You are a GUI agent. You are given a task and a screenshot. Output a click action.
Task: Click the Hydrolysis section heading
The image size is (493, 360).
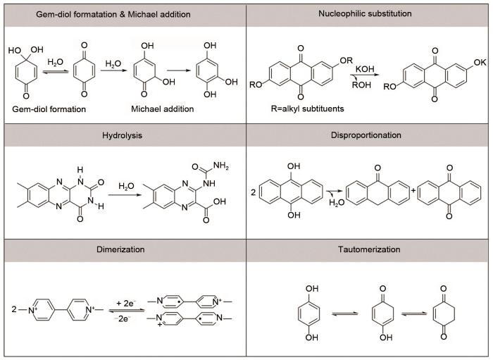click(x=122, y=135)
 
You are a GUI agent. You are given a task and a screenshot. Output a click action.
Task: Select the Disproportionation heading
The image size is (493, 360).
click(x=366, y=135)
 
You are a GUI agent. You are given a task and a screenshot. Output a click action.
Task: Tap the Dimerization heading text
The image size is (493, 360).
click(x=120, y=249)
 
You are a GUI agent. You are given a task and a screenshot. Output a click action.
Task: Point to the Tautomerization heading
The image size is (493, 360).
click(x=369, y=249)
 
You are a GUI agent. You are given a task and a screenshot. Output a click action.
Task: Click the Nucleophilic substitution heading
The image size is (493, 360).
click(x=365, y=13)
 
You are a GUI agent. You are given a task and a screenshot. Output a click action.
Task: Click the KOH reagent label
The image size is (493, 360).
click(x=365, y=69)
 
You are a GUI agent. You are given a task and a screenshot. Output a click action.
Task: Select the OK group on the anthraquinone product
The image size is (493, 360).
click(x=480, y=62)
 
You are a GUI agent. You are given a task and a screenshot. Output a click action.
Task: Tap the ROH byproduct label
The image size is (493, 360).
click(x=361, y=85)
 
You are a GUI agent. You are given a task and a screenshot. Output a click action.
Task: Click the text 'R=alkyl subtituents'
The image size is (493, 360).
click(x=307, y=108)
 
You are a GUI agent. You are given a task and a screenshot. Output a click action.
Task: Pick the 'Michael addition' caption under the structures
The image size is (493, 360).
click(x=162, y=109)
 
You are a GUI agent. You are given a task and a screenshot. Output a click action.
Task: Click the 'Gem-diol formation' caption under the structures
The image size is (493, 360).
click(x=49, y=109)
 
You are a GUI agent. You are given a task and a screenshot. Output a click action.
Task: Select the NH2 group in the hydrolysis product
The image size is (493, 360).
click(x=221, y=166)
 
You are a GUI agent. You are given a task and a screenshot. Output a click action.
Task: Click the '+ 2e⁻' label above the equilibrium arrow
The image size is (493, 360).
click(x=126, y=303)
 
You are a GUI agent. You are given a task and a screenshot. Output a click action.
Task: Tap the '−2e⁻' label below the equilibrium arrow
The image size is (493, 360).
click(x=123, y=319)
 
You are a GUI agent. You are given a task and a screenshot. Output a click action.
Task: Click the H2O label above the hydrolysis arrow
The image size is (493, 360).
click(x=126, y=187)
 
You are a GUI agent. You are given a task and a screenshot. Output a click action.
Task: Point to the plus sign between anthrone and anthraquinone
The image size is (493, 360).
click(x=413, y=190)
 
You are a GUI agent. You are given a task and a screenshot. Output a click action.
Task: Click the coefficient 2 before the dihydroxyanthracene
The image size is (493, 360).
click(x=254, y=192)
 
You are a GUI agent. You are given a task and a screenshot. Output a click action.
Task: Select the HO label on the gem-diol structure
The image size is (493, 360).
click(x=15, y=51)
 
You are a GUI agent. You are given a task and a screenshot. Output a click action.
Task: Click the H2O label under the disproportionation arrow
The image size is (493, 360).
click(x=337, y=202)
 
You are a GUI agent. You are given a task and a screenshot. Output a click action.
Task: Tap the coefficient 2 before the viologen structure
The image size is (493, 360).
click(x=14, y=309)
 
